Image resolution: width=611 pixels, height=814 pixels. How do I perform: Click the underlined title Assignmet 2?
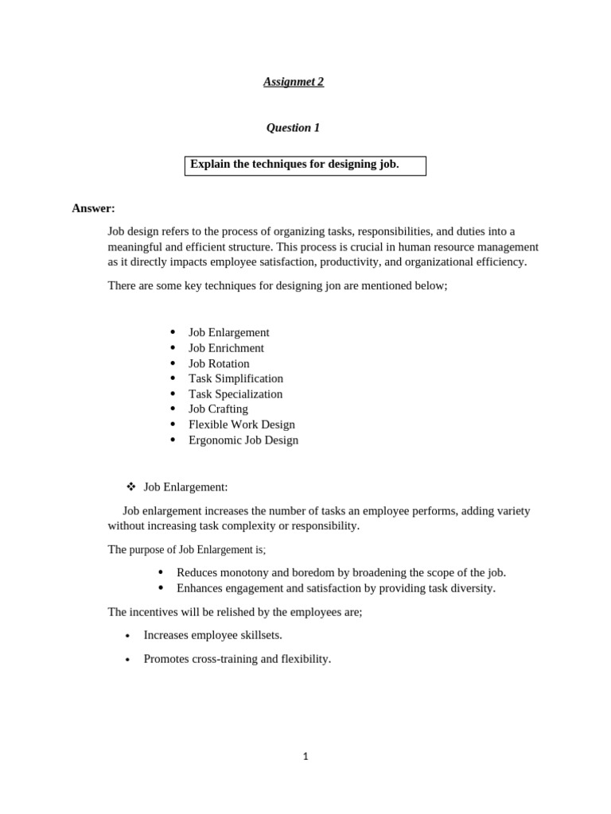click(x=294, y=82)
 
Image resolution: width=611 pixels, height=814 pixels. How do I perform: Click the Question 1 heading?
click(x=293, y=128)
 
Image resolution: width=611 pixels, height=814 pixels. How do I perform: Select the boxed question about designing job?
click(x=305, y=165)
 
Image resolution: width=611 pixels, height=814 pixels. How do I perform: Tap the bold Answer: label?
click(x=93, y=208)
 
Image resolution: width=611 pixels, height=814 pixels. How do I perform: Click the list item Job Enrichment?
click(x=226, y=348)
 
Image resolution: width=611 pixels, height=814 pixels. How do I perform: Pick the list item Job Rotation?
click(x=219, y=363)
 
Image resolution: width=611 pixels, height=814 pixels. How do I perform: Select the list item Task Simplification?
click(x=235, y=378)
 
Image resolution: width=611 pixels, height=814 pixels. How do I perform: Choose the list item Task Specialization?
click(x=235, y=393)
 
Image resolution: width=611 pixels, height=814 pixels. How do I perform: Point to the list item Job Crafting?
click(x=218, y=409)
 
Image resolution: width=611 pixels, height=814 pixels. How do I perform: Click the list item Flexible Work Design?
click(x=241, y=424)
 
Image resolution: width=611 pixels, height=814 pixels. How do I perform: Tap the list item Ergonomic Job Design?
click(x=243, y=440)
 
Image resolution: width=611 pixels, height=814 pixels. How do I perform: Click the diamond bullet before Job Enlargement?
click(x=131, y=486)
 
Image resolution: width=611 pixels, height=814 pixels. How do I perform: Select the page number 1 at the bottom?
click(x=305, y=757)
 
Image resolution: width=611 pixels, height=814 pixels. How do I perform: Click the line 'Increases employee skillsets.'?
click(x=212, y=635)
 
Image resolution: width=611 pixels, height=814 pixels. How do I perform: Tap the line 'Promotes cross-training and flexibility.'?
click(x=237, y=659)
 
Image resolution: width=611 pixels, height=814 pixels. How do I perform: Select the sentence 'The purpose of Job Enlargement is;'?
click(x=187, y=549)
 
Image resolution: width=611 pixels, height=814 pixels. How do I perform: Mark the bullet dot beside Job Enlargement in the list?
click(x=173, y=332)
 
